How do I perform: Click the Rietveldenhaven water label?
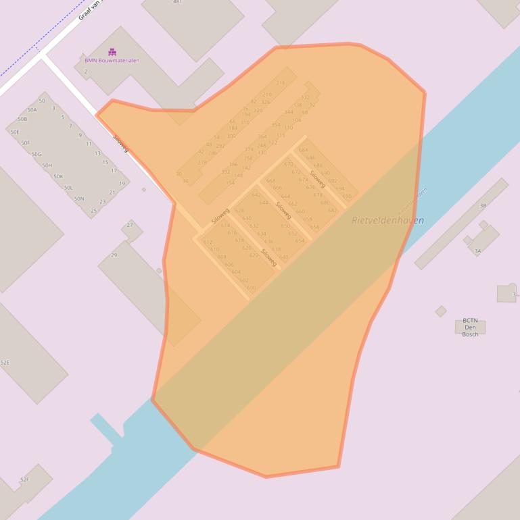pyautogui.click(x=388, y=220)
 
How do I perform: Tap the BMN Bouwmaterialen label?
pyautogui.click(x=112, y=60)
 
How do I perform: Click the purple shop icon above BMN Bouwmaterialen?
pyautogui.click(x=112, y=51)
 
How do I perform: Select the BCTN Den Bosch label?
pyautogui.click(x=470, y=328)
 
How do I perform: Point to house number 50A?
pyautogui.click(x=32, y=109)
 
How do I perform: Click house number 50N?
pyautogui.click(x=79, y=199)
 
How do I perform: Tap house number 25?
pyautogui.click(x=93, y=211)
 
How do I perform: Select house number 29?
pyautogui.click(x=114, y=255)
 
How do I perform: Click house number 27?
pyautogui.click(x=130, y=225)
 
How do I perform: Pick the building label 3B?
pyautogui.click(x=483, y=205)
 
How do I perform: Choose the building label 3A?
pyautogui.click(x=477, y=251)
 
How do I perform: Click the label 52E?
pyautogui.click(x=5, y=363)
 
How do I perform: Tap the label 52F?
pyautogui.click(x=25, y=479)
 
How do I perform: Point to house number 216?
pyautogui.click(x=281, y=83)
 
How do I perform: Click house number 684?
pyautogui.click(x=303, y=150)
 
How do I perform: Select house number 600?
pyautogui.click(x=252, y=288)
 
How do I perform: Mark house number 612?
pyautogui.click(x=208, y=242)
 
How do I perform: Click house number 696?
pyautogui.click(x=347, y=196)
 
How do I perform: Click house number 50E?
pyautogui.click(x=15, y=132)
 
